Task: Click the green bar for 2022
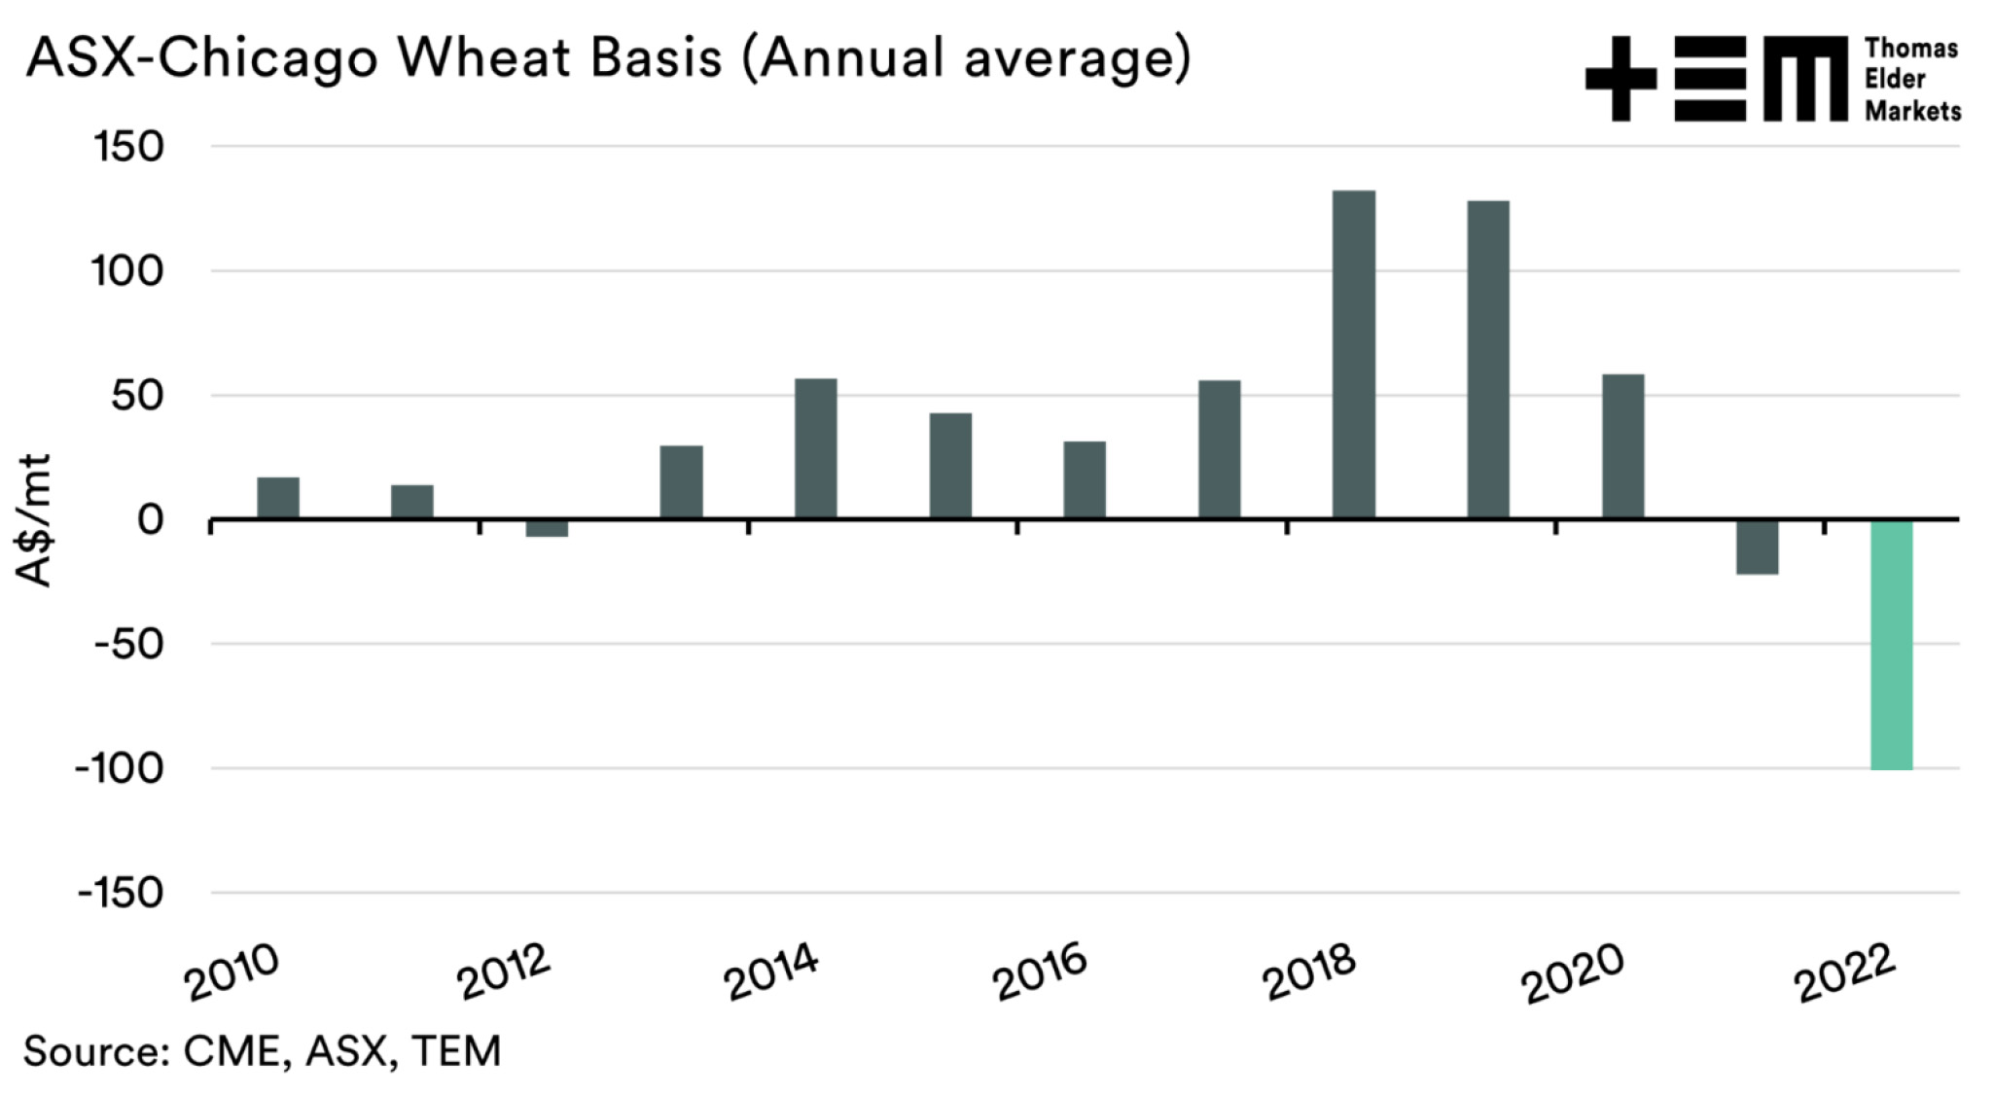point(1891,644)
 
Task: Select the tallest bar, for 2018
point(1354,355)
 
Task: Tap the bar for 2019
point(1488,360)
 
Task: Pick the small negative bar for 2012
point(547,528)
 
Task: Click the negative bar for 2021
point(1757,547)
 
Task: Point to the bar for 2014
point(815,448)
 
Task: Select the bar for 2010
point(278,498)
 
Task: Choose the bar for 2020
point(1622,446)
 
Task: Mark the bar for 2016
point(1085,480)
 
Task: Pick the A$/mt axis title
point(35,520)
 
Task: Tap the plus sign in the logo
point(1620,79)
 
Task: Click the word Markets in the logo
point(1912,112)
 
